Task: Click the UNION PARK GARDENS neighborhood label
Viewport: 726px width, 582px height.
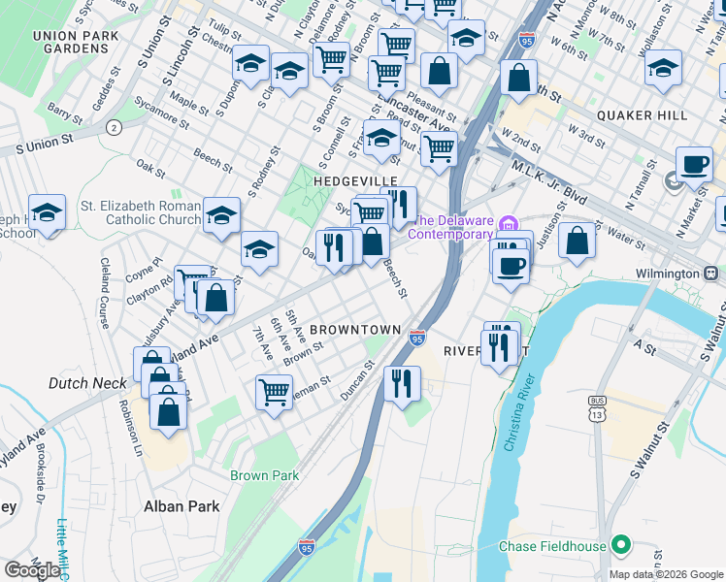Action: [x=69, y=42]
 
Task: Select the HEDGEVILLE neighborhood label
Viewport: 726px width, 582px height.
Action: [x=355, y=181]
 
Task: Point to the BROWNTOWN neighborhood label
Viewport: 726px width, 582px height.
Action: [x=356, y=330]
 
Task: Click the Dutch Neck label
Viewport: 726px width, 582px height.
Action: [x=82, y=384]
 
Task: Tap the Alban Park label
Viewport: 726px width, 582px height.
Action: [x=181, y=506]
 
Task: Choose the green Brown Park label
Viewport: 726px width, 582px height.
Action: [x=264, y=475]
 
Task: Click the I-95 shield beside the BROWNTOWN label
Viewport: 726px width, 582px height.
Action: [x=416, y=338]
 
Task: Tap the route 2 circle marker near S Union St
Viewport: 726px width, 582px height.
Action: [x=114, y=127]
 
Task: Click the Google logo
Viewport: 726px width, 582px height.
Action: [x=32, y=570]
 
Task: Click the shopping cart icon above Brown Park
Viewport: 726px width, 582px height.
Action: [x=275, y=392]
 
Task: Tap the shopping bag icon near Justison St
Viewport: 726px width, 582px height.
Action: [x=577, y=241]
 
